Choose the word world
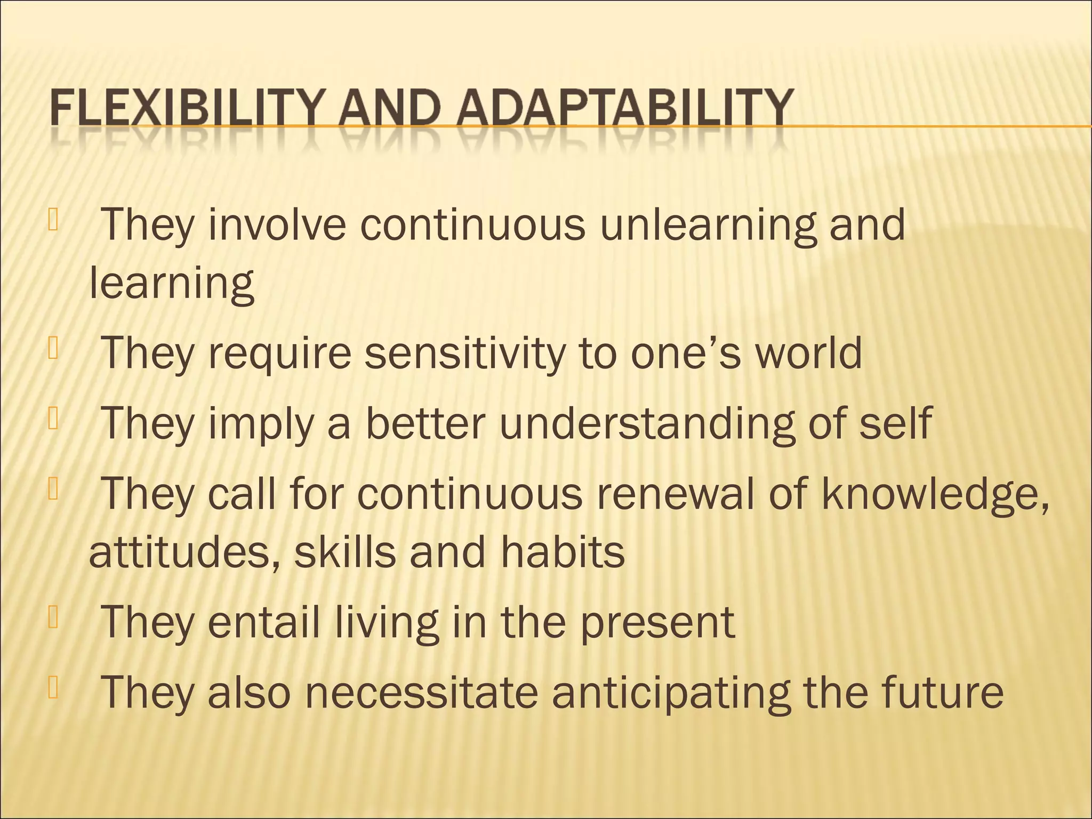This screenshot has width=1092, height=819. point(809,354)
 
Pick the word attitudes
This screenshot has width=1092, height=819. point(184,552)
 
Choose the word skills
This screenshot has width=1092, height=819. point(346,552)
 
